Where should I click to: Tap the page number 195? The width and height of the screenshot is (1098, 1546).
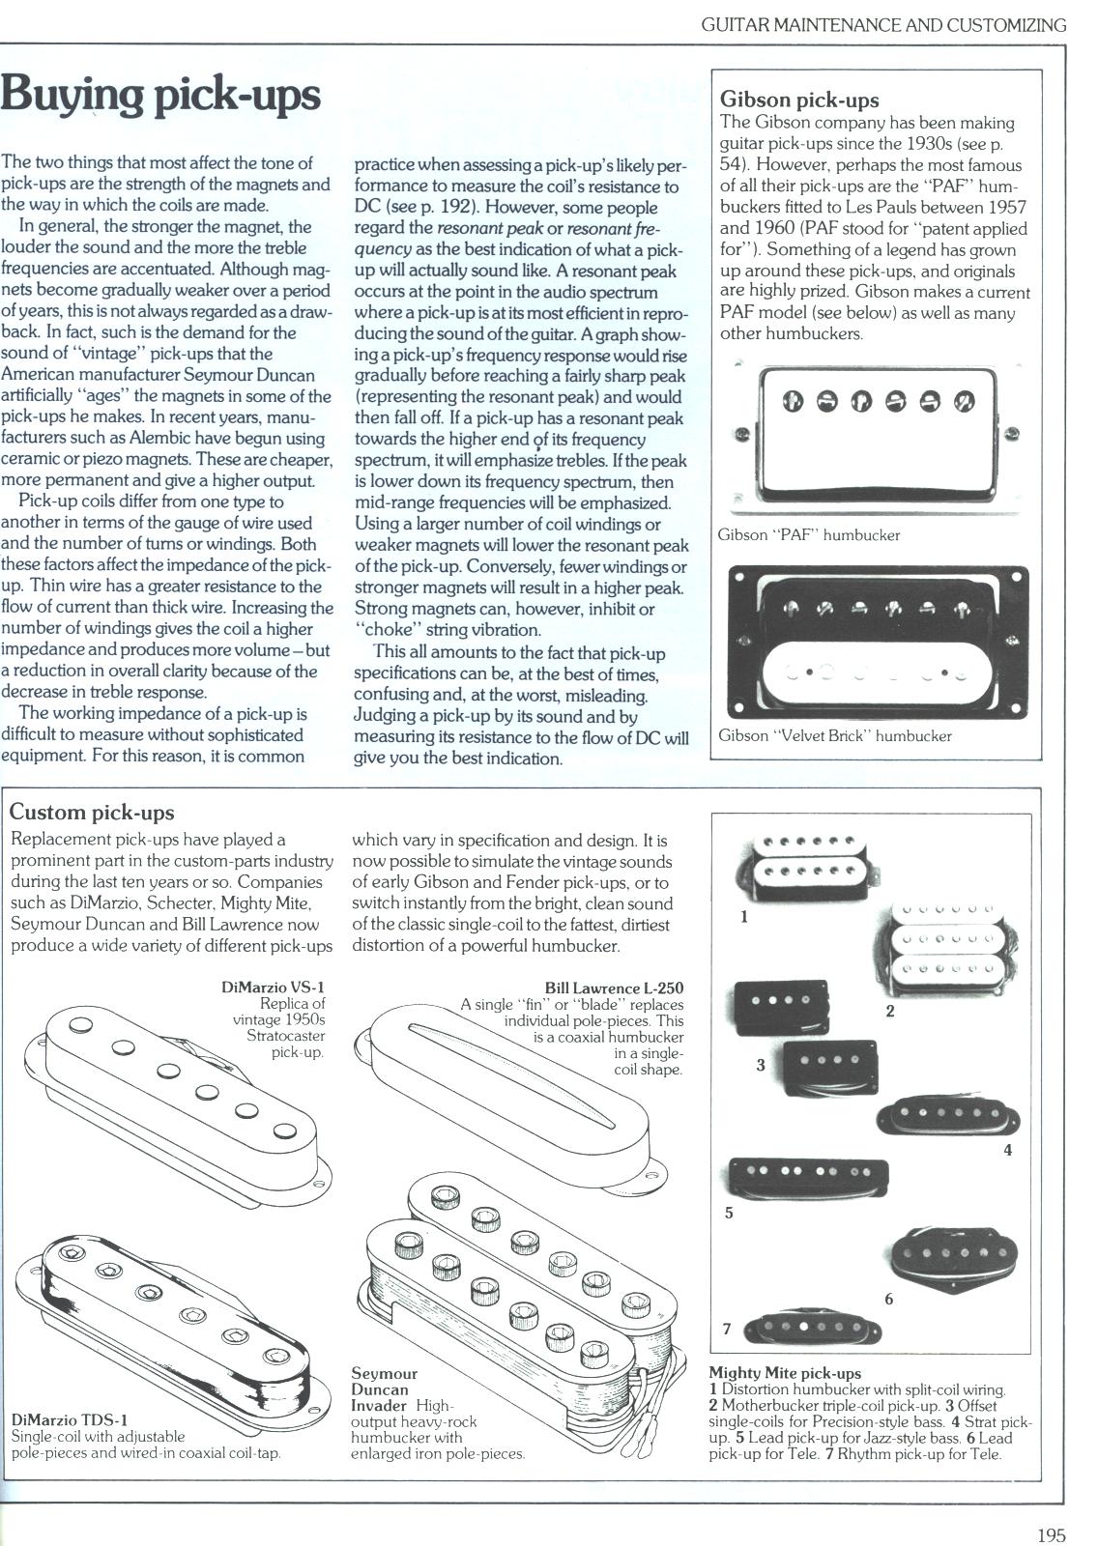1051,1508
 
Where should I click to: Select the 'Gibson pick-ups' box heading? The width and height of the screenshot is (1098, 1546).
799,100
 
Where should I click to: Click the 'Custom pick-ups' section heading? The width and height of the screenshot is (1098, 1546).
92,812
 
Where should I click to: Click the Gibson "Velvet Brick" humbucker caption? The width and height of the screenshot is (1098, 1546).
834,736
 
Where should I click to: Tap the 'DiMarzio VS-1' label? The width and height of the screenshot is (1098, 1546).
274,988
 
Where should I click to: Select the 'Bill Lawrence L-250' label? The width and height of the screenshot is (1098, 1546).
614,988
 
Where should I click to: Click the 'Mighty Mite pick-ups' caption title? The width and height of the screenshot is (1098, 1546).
785,1373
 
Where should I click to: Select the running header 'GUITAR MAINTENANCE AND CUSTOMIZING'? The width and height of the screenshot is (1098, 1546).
883,25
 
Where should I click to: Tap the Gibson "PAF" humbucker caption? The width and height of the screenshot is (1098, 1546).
809,535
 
